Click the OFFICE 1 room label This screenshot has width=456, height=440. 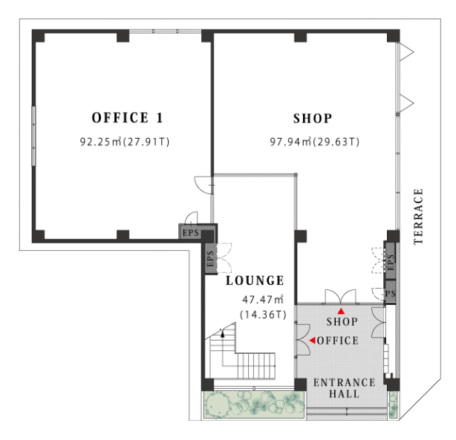click(127, 118)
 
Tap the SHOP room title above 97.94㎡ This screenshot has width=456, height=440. click(313, 118)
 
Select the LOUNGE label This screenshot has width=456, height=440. click(255, 280)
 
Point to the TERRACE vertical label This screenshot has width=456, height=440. click(418, 217)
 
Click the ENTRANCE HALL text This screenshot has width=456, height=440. click(345, 388)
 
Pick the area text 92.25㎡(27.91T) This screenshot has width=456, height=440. click(125, 142)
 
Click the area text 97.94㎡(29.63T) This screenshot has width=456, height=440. click(315, 142)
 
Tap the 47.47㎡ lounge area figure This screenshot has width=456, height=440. click(263, 299)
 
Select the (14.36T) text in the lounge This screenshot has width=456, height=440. click(263, 315)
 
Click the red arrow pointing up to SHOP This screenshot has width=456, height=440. click(341, 311)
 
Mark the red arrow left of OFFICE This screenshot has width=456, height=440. click(313, 340)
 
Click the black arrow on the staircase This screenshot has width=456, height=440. click(223, 333)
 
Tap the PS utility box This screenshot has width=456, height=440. click(391, 292)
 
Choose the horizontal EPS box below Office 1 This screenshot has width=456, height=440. click(190, 232)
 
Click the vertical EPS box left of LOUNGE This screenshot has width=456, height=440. click(211, 258)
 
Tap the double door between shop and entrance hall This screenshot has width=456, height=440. click(341, 297)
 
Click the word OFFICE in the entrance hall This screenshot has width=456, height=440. click(338, 341)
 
